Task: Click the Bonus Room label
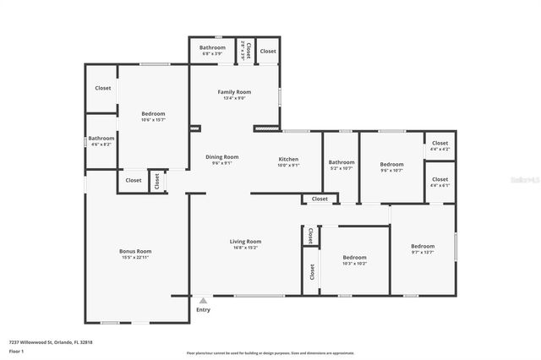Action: coord(134,252)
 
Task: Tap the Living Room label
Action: coord(245,242)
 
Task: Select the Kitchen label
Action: coord(288,159)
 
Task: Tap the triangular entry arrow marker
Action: coord(203,300)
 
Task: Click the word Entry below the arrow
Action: coord(203,310)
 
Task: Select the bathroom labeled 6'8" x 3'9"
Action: coord(212,48)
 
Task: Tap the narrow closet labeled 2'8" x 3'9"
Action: coord(246,51)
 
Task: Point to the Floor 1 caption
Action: coord(17,351)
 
